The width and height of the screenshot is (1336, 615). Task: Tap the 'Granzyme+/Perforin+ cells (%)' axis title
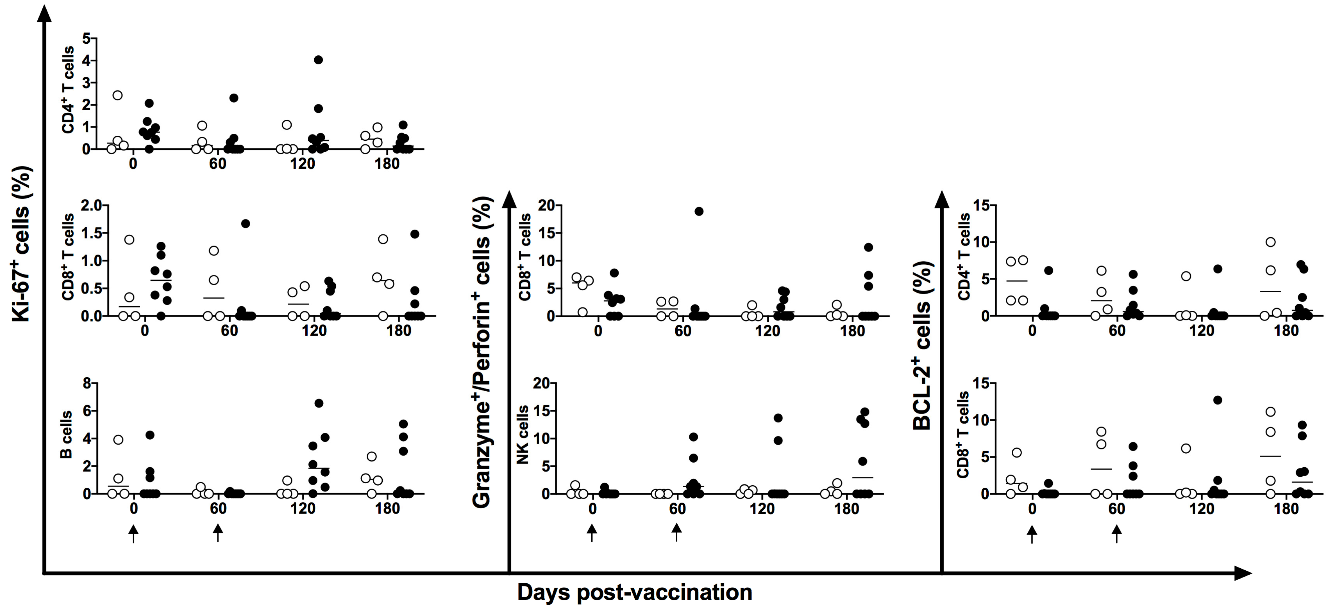pos(482,353)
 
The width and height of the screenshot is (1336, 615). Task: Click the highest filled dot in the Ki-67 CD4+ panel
pos(318,60)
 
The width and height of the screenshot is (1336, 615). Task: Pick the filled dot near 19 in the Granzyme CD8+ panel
pos(699,211)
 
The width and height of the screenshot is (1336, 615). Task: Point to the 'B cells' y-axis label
pos(66,435)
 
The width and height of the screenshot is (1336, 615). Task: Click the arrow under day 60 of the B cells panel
pos(218,533)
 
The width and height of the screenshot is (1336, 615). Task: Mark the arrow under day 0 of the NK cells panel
pos(592,533)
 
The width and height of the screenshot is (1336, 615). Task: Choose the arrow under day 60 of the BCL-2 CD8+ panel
pos(1117,533)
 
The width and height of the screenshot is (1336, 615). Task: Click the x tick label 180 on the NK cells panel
pos(847,509)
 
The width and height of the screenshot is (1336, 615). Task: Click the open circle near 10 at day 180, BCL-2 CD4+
pos(1271,242)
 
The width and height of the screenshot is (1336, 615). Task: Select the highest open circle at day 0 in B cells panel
pos(118,440)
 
